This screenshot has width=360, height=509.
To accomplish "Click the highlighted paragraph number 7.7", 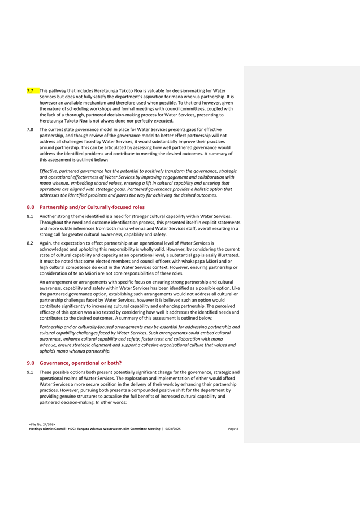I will click(x=30, y=90).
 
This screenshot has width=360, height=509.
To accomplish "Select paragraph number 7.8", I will click(x=30, y=129).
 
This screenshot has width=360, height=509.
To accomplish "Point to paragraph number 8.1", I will click(x=30, y=216).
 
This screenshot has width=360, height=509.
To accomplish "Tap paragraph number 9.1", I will click(x=30, y=372).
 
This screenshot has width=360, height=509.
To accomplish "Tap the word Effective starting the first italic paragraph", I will click(x=49, y=171).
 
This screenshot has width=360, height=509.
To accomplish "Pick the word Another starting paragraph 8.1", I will click(x=49, y=216).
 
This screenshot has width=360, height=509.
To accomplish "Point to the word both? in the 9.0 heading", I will click(x=114, y=362).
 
